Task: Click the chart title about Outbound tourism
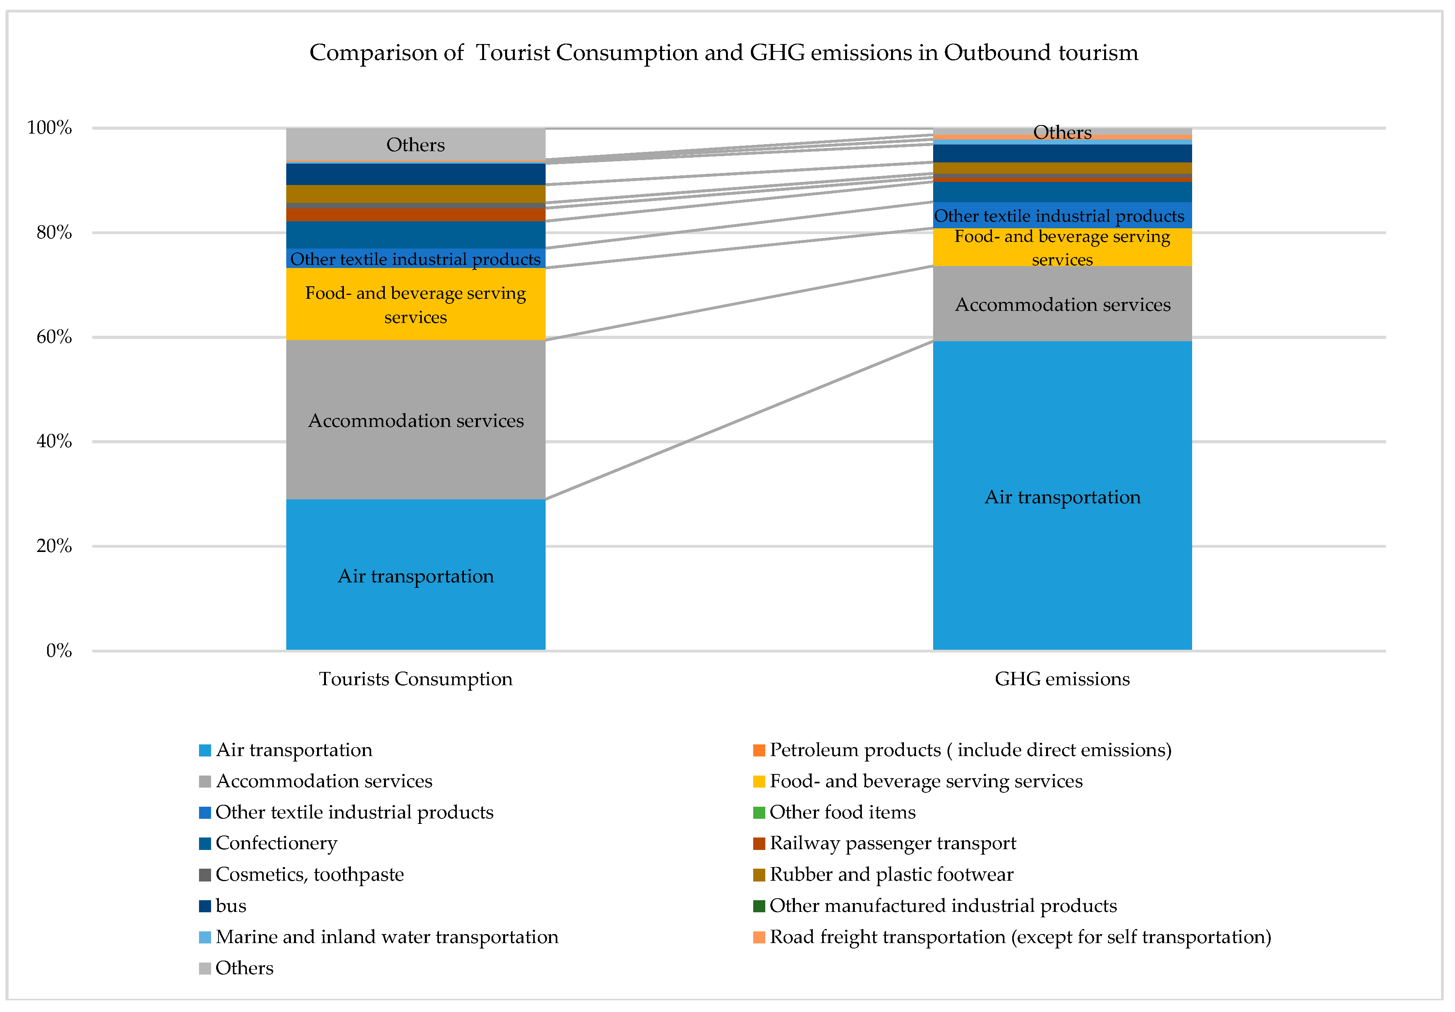723,53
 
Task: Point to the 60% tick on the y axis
54,337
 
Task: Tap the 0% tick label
58,651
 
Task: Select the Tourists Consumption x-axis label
415,679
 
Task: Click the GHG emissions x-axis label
1062,679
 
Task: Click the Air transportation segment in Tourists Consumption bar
415,602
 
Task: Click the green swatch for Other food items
759,813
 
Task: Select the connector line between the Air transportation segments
739,420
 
